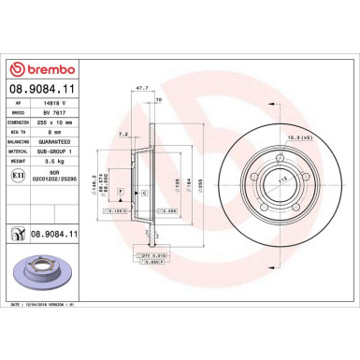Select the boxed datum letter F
121,190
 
